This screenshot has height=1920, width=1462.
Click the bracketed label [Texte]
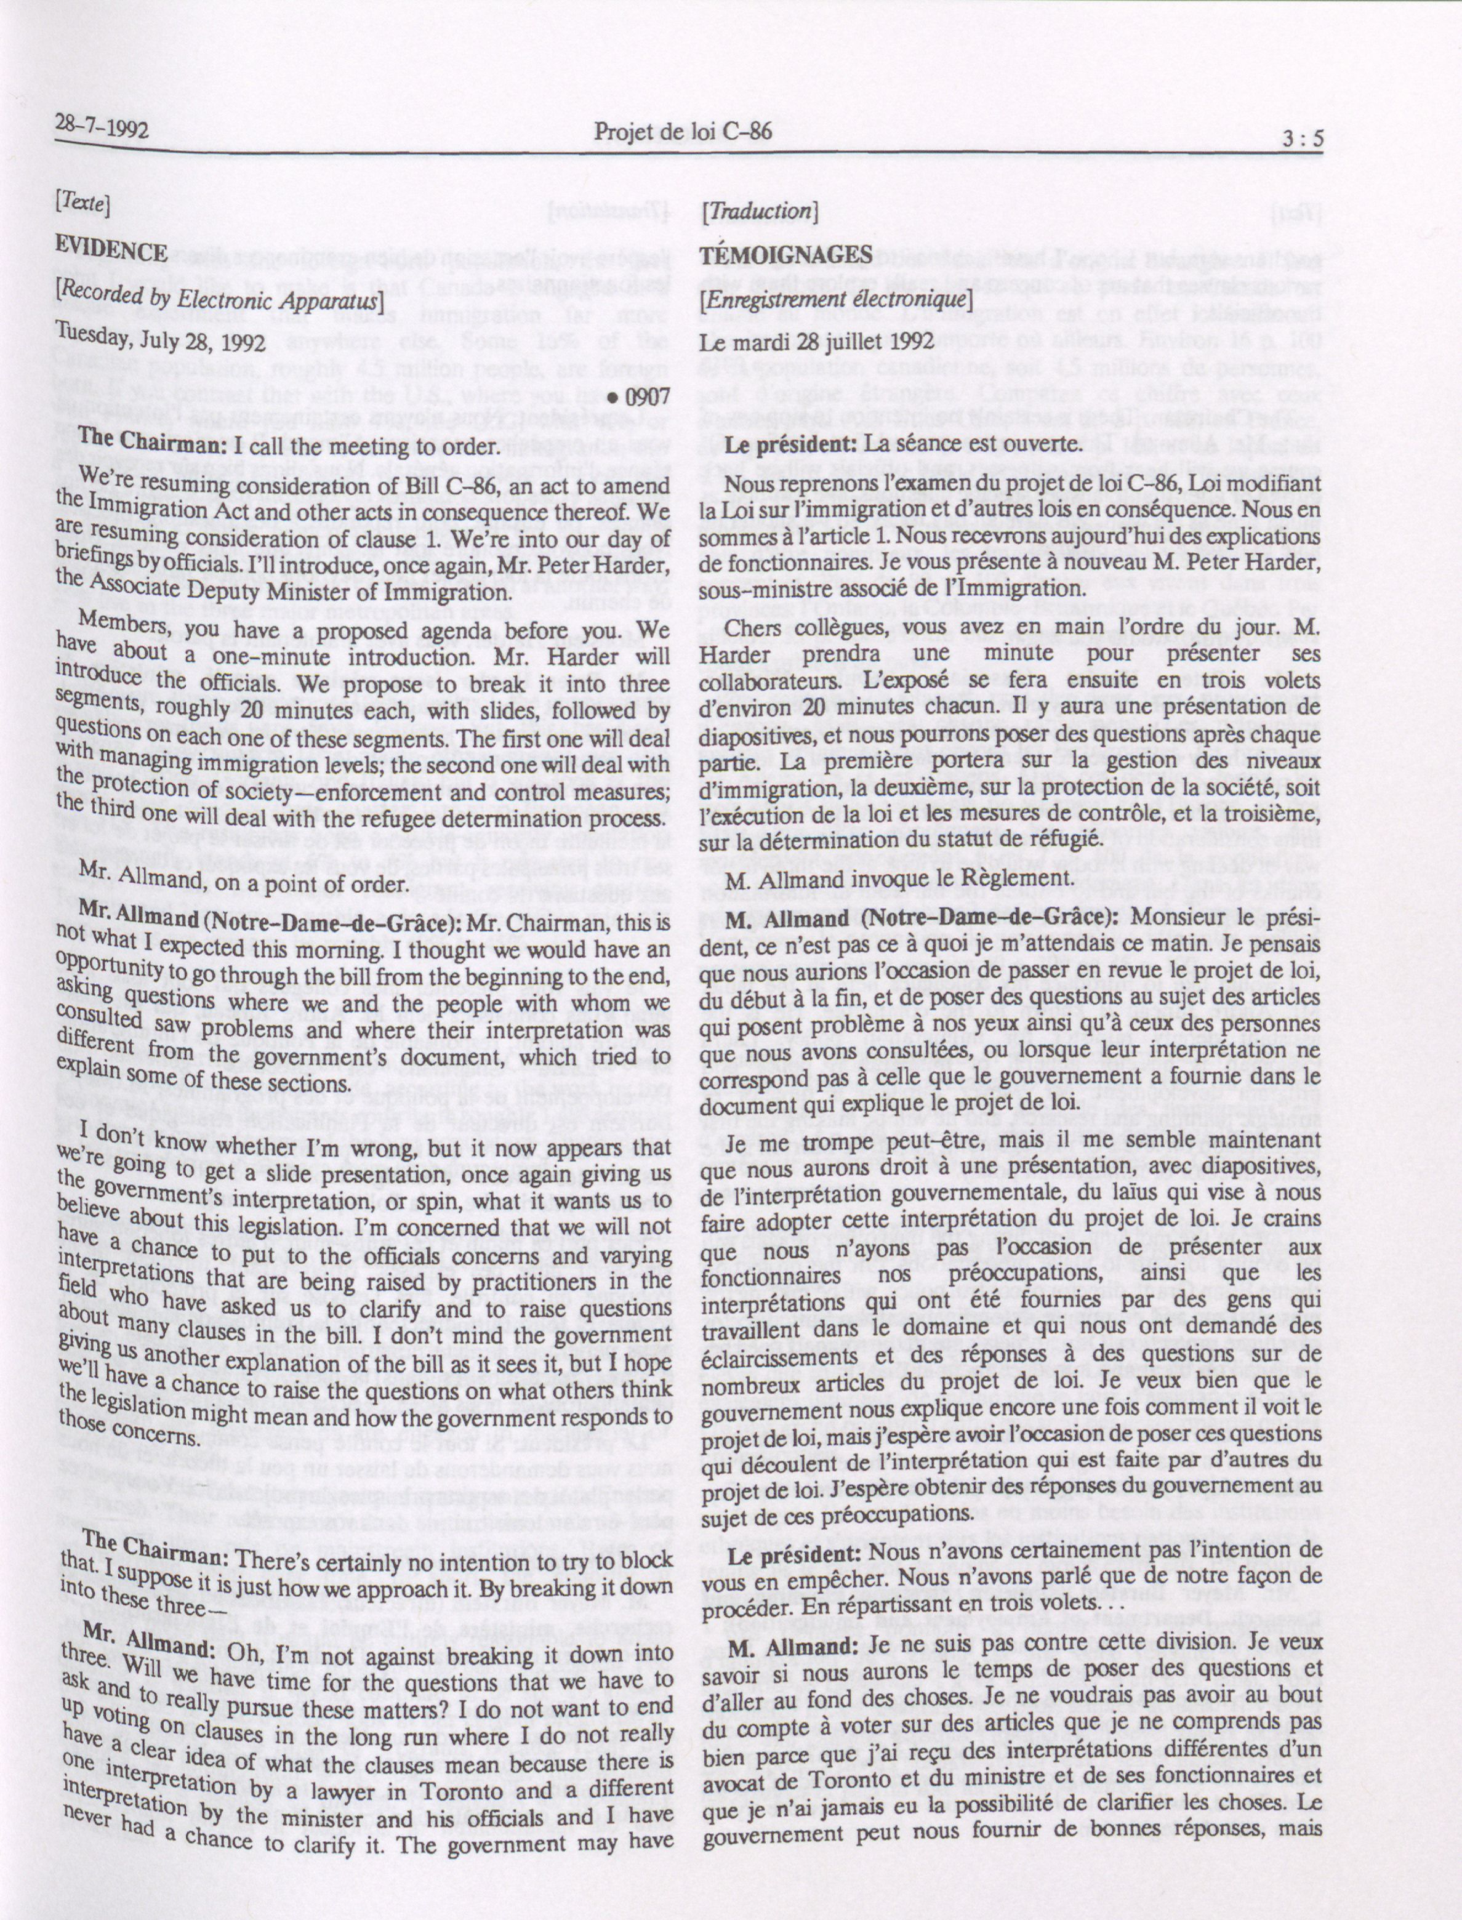82,204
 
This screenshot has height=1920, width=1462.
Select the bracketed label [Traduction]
759,210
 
